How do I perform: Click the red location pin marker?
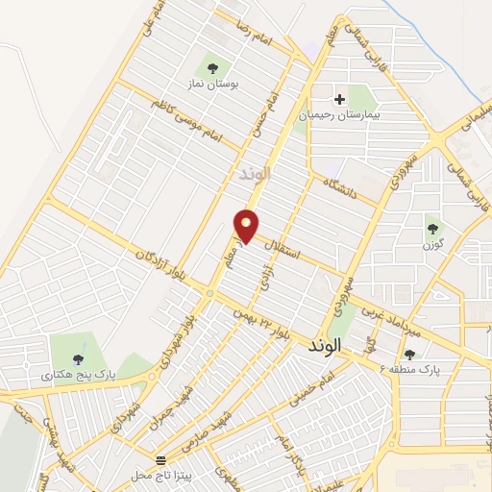(x=247, y=225)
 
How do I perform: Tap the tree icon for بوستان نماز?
(x=212, y=68)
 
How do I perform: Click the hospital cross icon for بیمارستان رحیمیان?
(x=339, y=98)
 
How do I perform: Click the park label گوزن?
(x=430, y=246)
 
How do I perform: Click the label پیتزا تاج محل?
(x=160, y=477)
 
